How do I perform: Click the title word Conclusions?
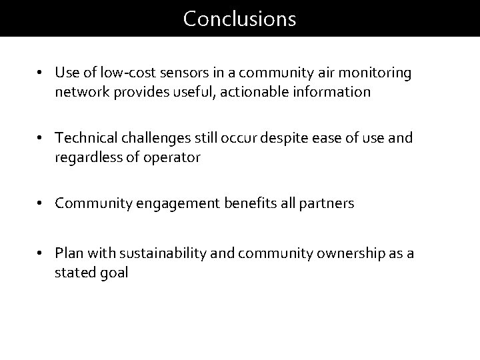click(239, 19)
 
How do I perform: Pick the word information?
click(331, 92)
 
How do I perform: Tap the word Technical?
click(82, 138)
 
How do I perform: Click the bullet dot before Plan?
click(41, 253)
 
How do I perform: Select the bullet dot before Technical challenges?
click(41, 138)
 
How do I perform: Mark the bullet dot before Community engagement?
click(41, 203)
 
